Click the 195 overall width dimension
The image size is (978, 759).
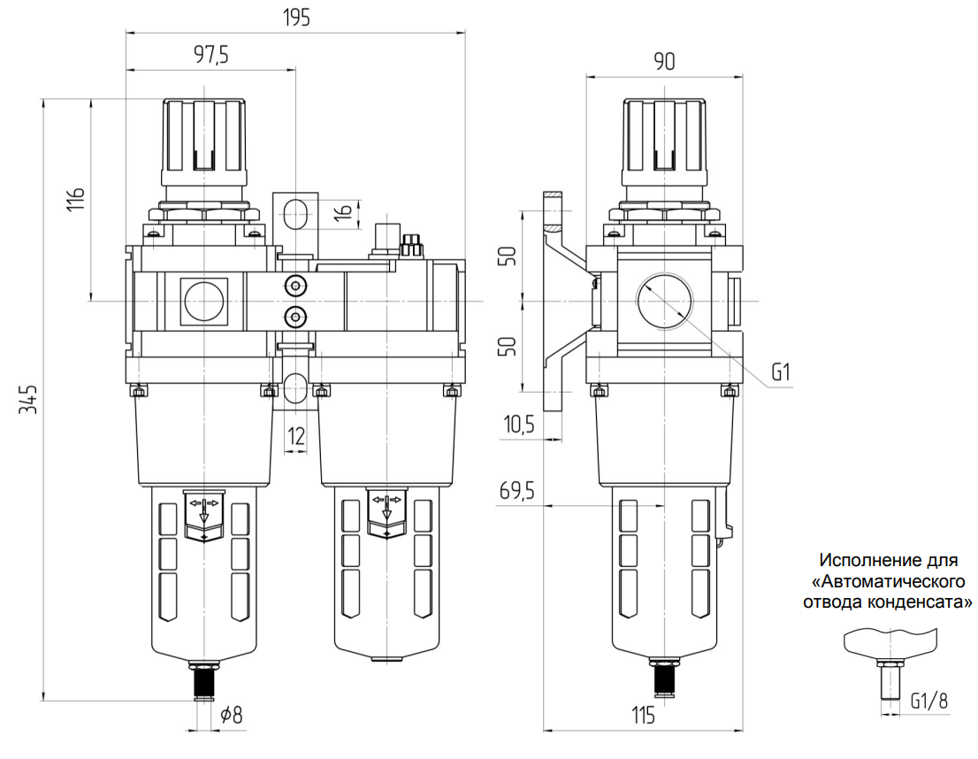click(x=297, y=19)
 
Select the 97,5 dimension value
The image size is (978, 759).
click(x=210, y=56)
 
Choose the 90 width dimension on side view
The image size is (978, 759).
click(x=664, y=62)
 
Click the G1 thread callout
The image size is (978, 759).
click(x=780, y=372)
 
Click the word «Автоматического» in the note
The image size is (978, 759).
click(x=892, y=582)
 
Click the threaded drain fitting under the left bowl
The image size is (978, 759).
click(x=204, y=680)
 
